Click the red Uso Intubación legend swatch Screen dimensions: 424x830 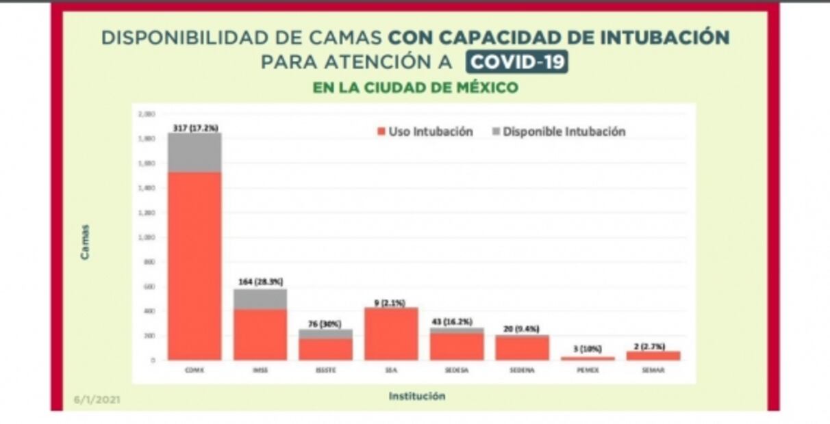[381, 131]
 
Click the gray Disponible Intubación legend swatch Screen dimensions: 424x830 [496, 131]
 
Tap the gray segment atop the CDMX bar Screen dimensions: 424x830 [194, 152]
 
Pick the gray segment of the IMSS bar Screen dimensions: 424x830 [260, 299]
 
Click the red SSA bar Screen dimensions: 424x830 [391, 334]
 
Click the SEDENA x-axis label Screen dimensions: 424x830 [521, 370]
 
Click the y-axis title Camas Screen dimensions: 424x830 [85, 241]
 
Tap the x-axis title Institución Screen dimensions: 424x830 [416, 396]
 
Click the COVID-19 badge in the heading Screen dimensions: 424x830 [517, 62]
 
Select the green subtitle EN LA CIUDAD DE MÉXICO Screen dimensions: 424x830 [415, 88]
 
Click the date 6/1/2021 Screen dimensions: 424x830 [97, 399]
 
